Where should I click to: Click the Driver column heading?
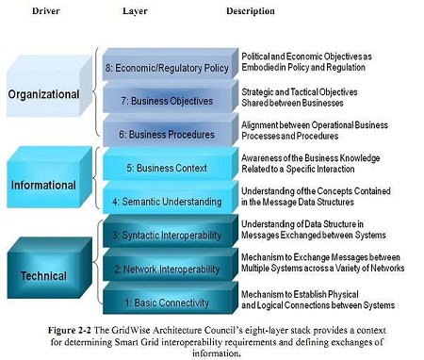click(46, 11)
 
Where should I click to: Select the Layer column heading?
click(135, 11)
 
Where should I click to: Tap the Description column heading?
click(251, 11)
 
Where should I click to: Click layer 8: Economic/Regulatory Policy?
click(171, 64)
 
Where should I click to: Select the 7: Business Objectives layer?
click(171, 97)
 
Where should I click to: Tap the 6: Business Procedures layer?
click(171, 130)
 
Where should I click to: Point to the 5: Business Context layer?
click(171, 164)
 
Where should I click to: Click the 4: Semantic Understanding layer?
click(171, 197)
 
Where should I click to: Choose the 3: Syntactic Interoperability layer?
click(171, 231)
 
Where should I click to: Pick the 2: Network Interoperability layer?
click(171, 265)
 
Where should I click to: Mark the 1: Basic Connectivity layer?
click(171, 298)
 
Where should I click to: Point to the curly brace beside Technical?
click(94, 262)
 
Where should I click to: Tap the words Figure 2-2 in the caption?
click(70, 330)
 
